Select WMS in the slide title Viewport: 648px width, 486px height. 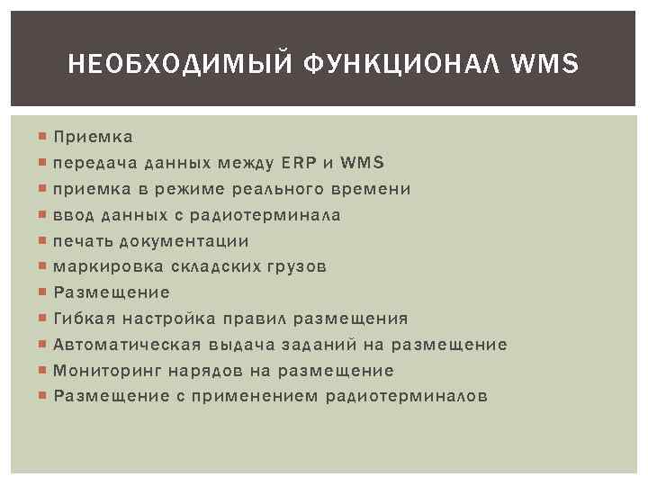click(x=546, y=65)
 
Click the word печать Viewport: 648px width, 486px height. click(x=83, y=241)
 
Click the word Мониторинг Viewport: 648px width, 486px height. click(x=106, y=371)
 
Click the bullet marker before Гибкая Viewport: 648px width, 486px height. click(x=43, y=319)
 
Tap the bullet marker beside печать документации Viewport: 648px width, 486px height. click(x=43, y=241)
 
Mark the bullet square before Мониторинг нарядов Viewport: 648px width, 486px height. click(x=43, y=371)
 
